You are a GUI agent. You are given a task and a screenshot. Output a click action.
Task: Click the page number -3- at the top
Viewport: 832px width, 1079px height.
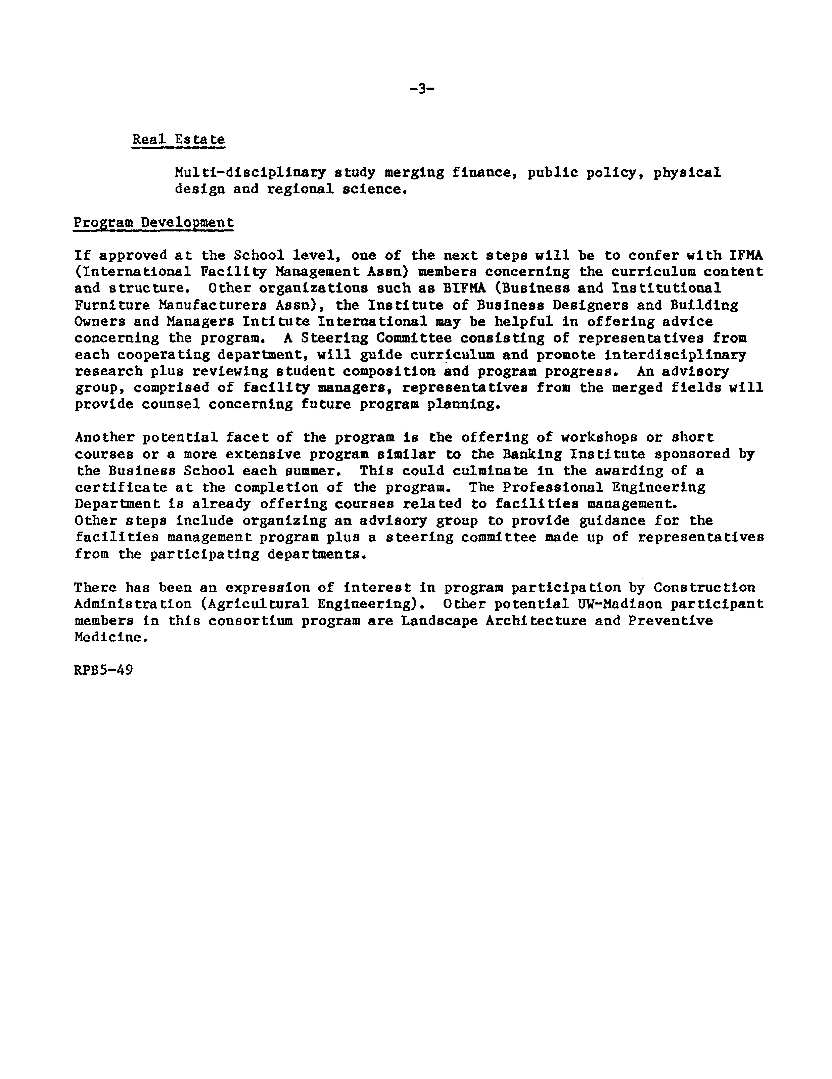pyautogui.click(x=422, y=89)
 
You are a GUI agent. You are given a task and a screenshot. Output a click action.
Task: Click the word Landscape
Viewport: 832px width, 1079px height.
pyautogui.click(x=439, y=621)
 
